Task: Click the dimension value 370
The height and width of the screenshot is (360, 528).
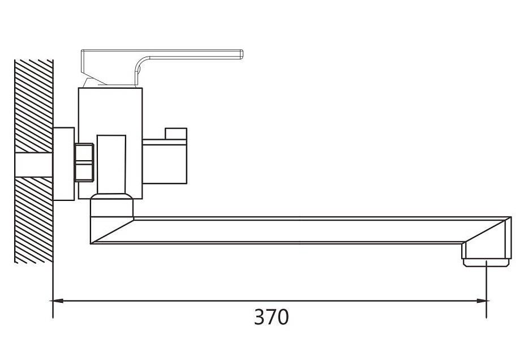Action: tap(271, 317)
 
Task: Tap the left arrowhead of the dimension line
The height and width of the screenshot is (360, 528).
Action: tap(58, 301)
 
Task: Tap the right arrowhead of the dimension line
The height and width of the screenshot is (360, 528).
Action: tap(482, 301)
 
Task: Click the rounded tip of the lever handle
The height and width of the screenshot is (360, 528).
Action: tap(241, 54)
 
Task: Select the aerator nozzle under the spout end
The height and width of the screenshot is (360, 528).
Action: tap(487, 262)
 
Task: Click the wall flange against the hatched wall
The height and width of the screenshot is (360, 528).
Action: tap(63, 164)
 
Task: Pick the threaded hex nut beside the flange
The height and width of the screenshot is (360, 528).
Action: tap(84, 162)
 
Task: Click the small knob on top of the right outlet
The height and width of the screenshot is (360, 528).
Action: tap(176, 134)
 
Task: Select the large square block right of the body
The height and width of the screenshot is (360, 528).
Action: tap(165, 162)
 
